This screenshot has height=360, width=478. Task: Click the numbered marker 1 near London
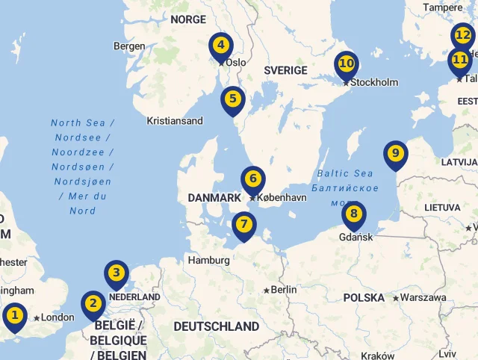[14, 315]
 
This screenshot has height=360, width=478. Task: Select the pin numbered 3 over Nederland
[116, 273]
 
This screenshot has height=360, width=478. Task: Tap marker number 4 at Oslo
[220, 45]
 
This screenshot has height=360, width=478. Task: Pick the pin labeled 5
[233, 99]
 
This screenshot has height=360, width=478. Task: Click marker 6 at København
[253, 179]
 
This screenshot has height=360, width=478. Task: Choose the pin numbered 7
[243, 224]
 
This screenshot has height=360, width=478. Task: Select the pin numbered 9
[396, 153]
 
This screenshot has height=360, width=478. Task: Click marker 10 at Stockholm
[347, 63]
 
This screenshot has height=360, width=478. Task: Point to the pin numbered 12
[463, 35]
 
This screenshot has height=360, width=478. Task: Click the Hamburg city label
[209, 261]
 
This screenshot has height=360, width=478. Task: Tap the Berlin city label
[284, 290]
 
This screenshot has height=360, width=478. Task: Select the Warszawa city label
[423, 298]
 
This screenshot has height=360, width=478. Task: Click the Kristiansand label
[175, 121]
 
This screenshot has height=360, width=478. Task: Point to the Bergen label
[129, 46]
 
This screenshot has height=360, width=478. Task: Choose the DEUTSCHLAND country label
[216, 326]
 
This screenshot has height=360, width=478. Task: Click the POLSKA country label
[364, 298]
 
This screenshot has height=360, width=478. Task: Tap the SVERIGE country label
[285, 70]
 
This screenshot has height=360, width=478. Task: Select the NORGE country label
[188, 19]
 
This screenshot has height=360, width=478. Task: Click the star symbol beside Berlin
[267, 290]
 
